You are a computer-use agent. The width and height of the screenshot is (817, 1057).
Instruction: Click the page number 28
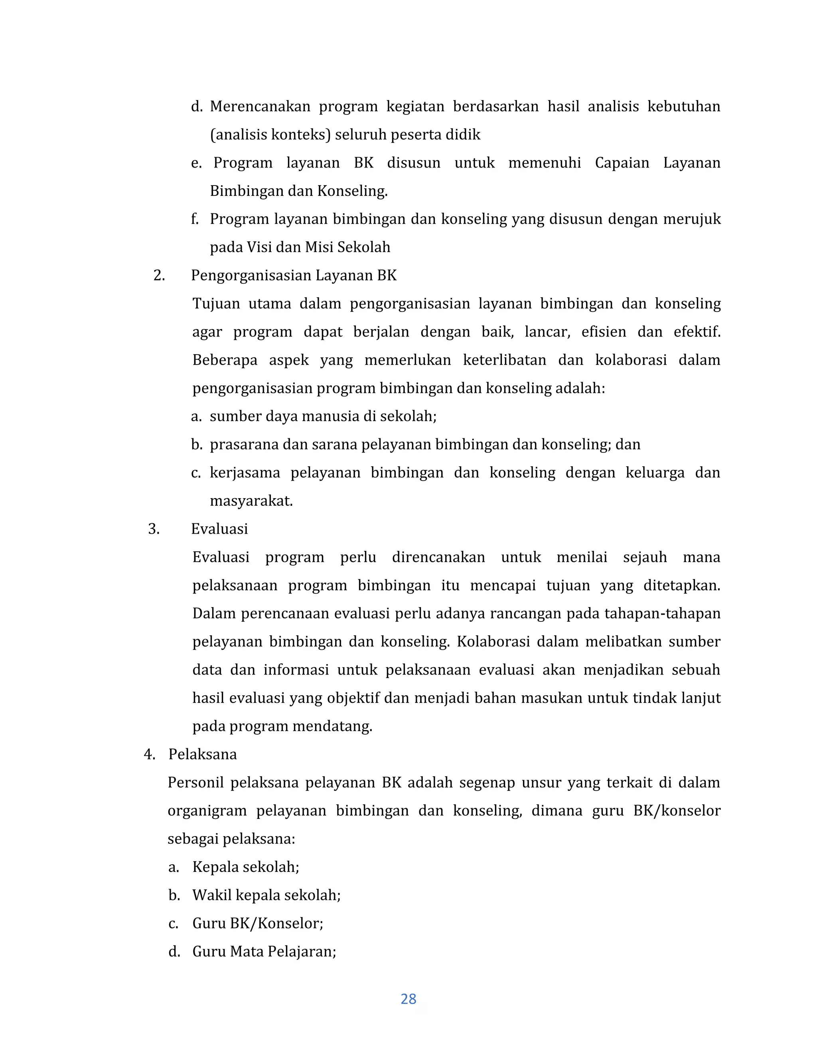[x=408, y=999]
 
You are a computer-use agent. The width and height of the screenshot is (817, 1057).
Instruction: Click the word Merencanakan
[x=260, y=106]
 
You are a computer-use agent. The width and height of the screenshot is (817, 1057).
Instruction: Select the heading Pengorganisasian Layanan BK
[x=294, y=275]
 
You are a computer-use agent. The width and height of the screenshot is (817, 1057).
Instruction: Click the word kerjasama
[x=245, y=472]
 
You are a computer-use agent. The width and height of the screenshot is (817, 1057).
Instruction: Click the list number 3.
[x=154, y=529]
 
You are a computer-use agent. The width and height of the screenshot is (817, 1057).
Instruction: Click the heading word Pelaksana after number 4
[x=202, y=755]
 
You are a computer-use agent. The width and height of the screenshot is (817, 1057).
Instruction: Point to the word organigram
[x=207, y=810]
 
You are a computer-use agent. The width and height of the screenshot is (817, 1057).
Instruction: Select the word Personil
[x=195, y=783]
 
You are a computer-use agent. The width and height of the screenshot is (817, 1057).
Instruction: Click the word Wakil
[x=207, y=895]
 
